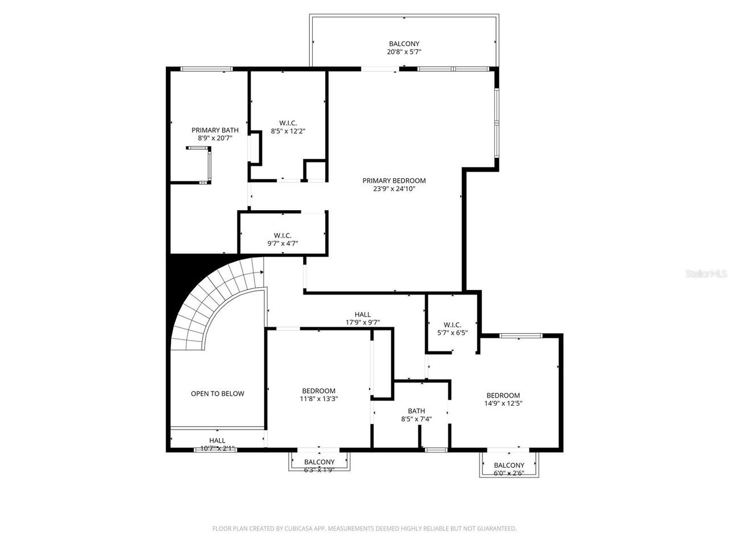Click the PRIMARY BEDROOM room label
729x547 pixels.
point(394,181)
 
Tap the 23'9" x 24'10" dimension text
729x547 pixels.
point(394,189)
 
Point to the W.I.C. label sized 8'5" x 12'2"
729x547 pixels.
point(288,123)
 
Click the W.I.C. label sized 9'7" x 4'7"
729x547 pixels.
point(282,235)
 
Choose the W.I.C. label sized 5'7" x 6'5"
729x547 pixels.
point(452,325)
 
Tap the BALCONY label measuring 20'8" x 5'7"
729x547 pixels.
point(404,44)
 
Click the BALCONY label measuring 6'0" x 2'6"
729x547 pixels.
point(509,465)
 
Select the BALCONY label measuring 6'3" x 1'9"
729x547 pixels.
point(319,462)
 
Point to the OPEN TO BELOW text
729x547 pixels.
point(217,394)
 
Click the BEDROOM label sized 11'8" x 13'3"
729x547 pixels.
point(318,391)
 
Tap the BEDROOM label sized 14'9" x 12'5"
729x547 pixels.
point(503,395)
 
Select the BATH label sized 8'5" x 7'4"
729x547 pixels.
point(416,411)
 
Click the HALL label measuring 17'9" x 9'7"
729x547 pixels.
point(362,315)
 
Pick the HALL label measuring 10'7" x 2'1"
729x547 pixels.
point(217,440)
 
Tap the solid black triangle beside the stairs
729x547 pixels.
point(179,279)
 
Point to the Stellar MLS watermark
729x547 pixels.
point(706,274)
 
